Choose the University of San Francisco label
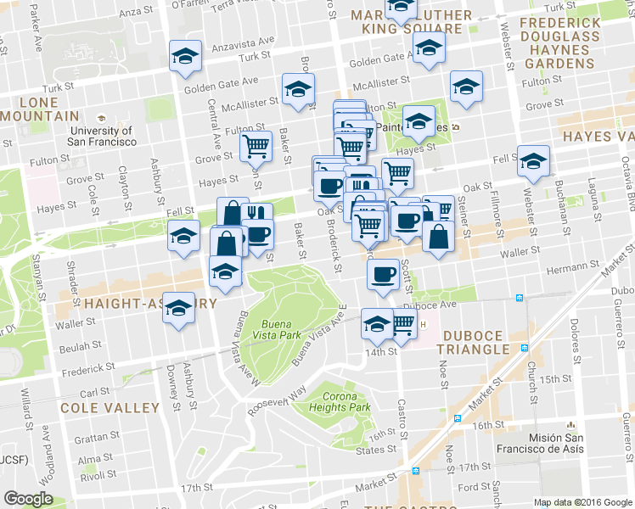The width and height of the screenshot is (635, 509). click(102, 136)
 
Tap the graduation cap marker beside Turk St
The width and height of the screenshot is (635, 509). click(184, 56)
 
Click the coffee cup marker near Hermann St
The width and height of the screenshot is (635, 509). click(383, 274)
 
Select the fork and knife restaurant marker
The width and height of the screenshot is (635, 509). click(256, 215)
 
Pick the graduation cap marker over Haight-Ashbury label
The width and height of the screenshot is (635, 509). click(179, 308)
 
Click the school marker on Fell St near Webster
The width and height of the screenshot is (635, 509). click(533, 160)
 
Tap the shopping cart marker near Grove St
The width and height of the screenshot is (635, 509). click(256, 146)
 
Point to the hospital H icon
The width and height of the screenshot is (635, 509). click(424, 322)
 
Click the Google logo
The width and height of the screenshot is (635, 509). click(28, 499)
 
